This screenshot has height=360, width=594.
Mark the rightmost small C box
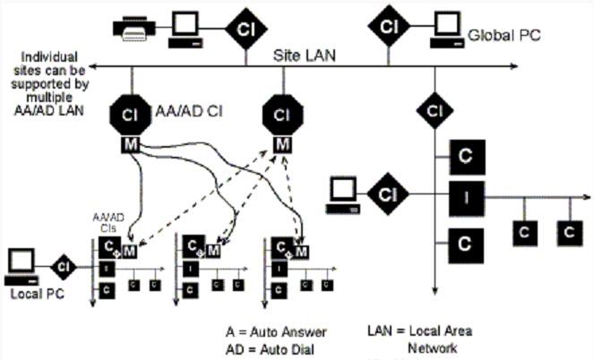click(566, 233)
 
